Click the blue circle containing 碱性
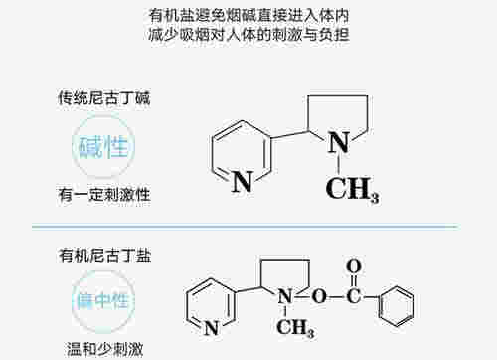pyautogui.click(x=103, y=147)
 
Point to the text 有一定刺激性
pyautogui.click(x=104, y=194)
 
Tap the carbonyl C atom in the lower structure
pyautogui.click(x=352, y=295)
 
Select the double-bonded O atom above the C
pyautogui.click(x=353, y=266)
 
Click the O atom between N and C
pyautogui.click(x=318, y=295)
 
